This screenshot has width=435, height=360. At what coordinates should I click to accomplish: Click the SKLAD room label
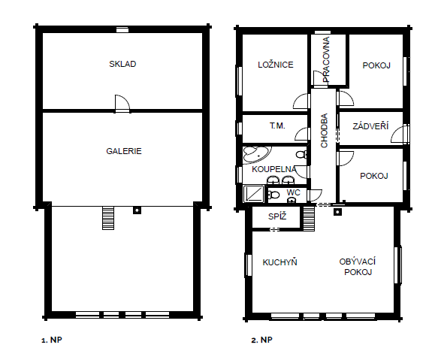click(122, 64)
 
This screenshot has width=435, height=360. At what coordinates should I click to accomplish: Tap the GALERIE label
click(124, 151)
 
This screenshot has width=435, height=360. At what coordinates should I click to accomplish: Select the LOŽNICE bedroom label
click(276, 65)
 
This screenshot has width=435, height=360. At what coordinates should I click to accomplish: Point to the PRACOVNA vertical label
click(326, 59)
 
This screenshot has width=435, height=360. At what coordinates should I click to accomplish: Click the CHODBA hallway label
click(324, 131)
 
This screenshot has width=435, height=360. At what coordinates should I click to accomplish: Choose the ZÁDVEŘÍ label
click(370, 126)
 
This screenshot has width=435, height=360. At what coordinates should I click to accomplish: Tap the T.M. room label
click(277, 126)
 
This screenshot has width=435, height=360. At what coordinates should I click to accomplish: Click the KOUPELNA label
click(274, 169)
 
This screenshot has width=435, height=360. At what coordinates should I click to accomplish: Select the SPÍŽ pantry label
click(277, 216)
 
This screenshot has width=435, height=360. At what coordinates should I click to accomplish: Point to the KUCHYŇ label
click(280, 262)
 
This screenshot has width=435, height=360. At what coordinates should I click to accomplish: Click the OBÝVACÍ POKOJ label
click(358, 267)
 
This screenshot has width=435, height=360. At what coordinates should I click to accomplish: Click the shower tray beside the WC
click(254, 194)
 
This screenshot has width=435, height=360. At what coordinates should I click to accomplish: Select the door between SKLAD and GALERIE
click(122, 103)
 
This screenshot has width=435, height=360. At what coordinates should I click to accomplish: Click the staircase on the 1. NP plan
click(108, 218)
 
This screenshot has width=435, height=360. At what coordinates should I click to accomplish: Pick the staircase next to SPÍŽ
click(309, 219)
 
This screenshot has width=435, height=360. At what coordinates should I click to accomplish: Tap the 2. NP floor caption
click(261, 340)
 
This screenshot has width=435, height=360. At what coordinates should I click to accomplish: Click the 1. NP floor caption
click(52, 340)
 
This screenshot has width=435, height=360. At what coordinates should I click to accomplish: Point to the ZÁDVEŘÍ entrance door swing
click(400, 135)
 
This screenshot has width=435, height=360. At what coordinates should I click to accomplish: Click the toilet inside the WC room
click(273, 195)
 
